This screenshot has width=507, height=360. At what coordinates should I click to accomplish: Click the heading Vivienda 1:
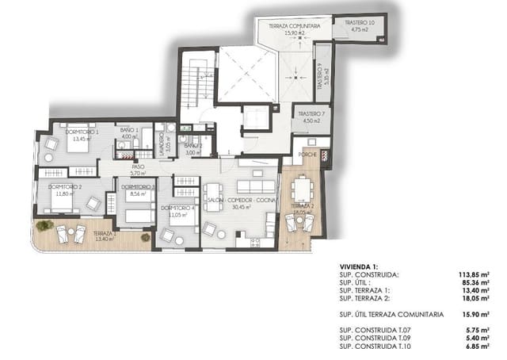[360, 267]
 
